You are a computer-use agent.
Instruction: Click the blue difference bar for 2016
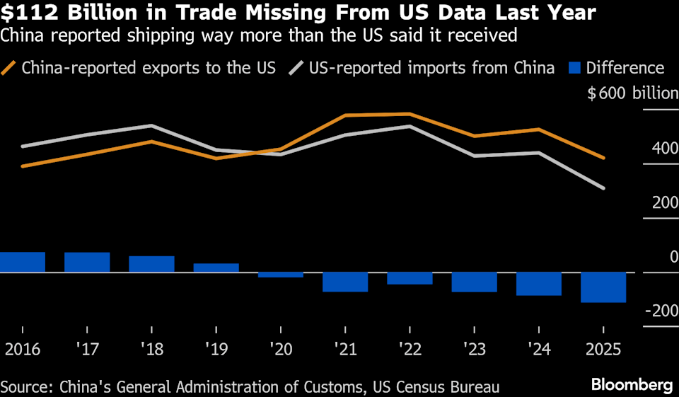(x=22, y=262)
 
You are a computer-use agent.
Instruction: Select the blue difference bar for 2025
(x=603, y=287)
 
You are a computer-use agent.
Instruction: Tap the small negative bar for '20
(x=281, y=275)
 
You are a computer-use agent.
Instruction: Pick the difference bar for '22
(x=410, y=278)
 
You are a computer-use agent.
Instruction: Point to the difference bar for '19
(x=216, y=267)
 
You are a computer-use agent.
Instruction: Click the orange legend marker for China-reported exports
(x=9, y=68)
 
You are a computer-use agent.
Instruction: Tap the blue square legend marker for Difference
(x=574, y=68)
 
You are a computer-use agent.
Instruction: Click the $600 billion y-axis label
(x=632, y=94)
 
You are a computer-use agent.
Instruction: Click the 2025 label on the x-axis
(x=603, y=349)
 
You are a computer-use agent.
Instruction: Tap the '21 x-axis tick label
(x=345, y=349)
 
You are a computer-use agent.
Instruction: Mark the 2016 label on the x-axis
(x=22, y=349)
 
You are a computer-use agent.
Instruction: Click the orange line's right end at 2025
(x=603, y=158)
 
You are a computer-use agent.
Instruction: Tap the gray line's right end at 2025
(x=603, y=188)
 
